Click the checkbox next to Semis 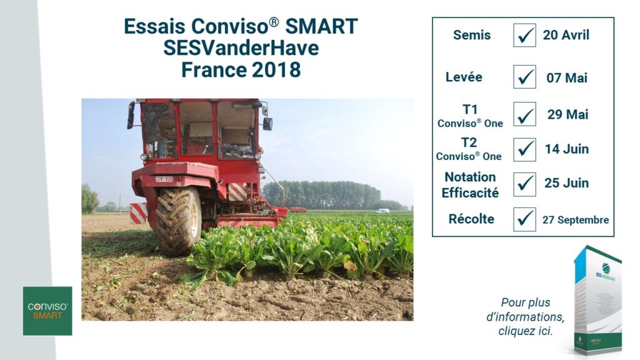[524, 35]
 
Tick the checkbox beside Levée [524, 77]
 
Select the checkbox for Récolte [524, 219]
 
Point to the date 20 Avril [566, 35]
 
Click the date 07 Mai [567, 77]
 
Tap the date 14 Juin [566, 149]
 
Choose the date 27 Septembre [576, 220]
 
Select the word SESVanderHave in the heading [241, 48]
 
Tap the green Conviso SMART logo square [47, 311]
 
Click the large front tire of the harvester [178, 221]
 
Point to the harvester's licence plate [164, 179]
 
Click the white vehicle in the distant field [382, 211]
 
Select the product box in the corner [597, 300]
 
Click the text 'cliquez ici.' [526, 331]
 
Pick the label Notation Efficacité [470, 185]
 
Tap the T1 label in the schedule [470, 109]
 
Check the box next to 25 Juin [524, 184]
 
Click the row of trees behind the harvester [322, 195]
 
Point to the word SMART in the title [321, 26]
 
